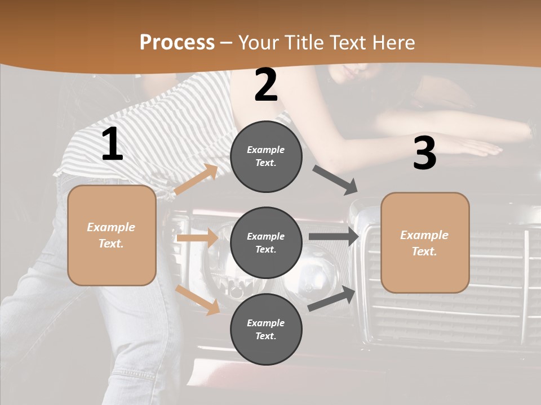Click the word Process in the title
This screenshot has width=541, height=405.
(x=177, y=42)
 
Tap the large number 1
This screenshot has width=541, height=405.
(x=112, y=145)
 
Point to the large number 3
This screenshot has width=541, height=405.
(x=424, y=153)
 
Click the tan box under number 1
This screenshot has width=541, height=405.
(x=112, y=235)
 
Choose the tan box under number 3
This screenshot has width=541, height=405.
(x=425, y=243)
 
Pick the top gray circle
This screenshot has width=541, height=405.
(x=266, y=156)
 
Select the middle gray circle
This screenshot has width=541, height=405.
(x=266, y=242)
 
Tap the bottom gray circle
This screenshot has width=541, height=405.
(x=266, y=329)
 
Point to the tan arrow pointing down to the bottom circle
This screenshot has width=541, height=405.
(x=197, y=299)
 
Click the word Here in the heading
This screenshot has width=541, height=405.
(x=393, y=42)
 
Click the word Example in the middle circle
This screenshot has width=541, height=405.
(x=266, y=236)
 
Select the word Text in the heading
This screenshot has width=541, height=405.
(x=347, y=42)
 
